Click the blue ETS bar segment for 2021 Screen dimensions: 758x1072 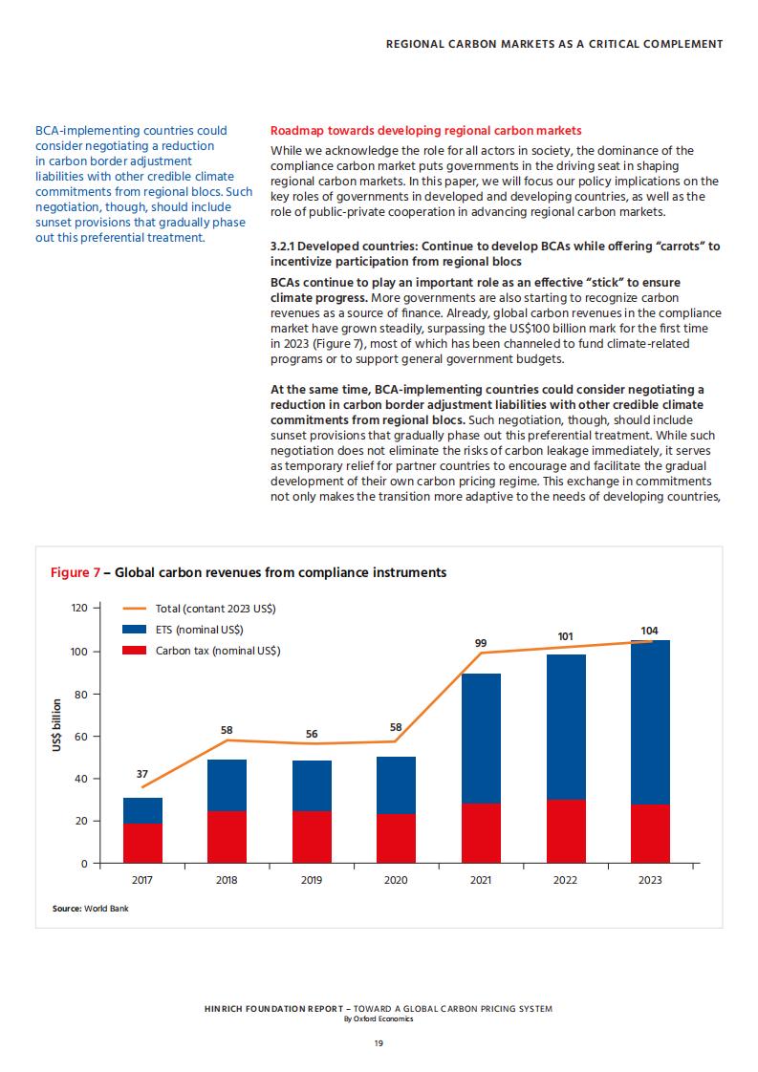click(x=481, y=739)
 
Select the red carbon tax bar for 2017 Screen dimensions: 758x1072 click(x=143, y=843)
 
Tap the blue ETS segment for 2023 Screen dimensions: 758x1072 click(x=650, y=722)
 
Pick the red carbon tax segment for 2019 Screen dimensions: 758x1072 click(x=312, y=837)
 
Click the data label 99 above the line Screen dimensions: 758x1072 click(x=481, y=643)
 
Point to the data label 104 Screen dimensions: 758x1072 click(x=649, y=631)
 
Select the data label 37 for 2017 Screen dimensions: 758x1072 click(x=142, y=774)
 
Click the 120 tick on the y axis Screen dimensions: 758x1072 click(x=79, y=608)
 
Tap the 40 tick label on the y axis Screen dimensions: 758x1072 click(x=81, y=779)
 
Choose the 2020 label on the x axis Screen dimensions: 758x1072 click(x=396, y=880)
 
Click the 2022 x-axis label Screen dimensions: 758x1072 click(x=565, y=880)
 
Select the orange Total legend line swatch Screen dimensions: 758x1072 click(x=134, y=608)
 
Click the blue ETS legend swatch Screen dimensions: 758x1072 click(x=134, y=629)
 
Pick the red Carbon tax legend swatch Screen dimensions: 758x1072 click(x=134, y=650)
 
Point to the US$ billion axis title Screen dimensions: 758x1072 click(x=56, y=725)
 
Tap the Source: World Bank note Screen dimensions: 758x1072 click(x=90, y=909)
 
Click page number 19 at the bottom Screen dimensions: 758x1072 click(x=379, y=1043)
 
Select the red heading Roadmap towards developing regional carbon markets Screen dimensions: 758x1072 click(x=426, y=131)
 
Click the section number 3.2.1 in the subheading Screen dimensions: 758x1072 click(x=283, y=247)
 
